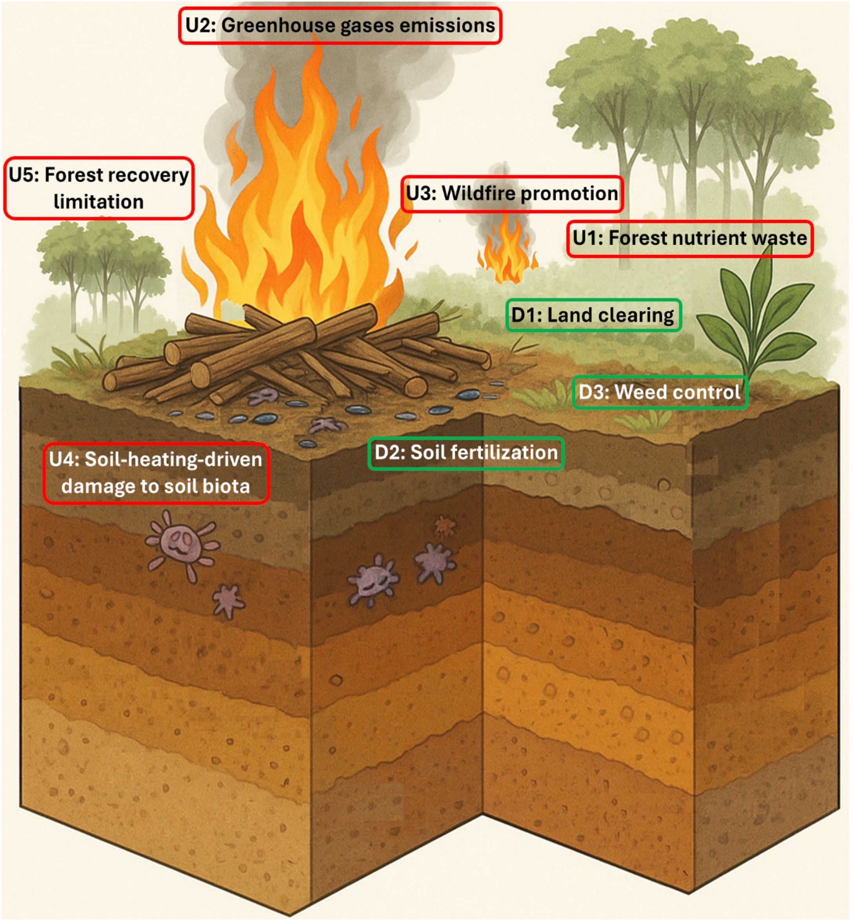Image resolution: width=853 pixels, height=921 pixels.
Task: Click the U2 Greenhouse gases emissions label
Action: (x=340, y=26)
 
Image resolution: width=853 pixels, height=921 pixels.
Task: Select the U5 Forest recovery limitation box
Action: (x=99, y=188)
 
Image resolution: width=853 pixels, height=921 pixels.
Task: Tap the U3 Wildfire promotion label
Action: (x=512, y=194)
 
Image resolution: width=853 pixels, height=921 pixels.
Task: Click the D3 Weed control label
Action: (x=660, y=392)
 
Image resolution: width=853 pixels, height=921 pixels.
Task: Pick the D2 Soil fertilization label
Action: (x=466, y=453)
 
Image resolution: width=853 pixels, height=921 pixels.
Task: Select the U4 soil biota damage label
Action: (x=156, y=473)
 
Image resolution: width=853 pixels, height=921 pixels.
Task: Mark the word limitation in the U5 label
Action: (x=99, y=202)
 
